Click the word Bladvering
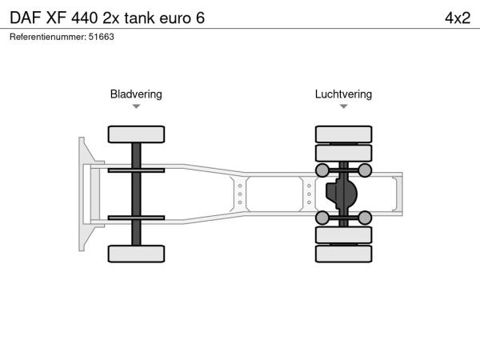[136, 94]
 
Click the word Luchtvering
[343, 94]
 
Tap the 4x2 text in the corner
[458, 18]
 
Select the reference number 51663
[102, 37]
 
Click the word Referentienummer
[48, 37]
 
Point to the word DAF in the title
[26, 18]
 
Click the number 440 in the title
[85, 18]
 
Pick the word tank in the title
[139, 18]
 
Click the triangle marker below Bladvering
[136, 106]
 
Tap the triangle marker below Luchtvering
[343, 106]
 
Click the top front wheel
[136, 134]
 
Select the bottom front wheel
[136, 254]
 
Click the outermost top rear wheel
[343, 134]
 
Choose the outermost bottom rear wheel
[343, 254]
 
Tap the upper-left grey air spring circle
[322, 170]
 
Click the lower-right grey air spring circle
[365, 218]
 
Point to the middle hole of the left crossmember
[240, 194]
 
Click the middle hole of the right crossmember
[309, 194]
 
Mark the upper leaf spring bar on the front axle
[136, 170]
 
